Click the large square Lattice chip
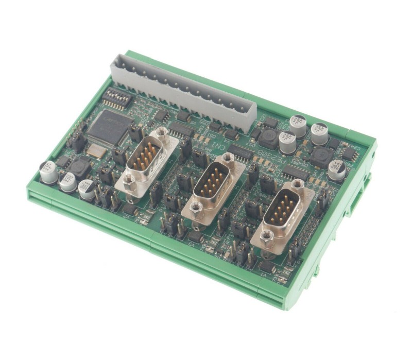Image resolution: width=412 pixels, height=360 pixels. coord(110,127)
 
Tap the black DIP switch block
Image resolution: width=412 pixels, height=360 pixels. coord(117,97)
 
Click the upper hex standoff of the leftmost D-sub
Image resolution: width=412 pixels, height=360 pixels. coord(161,133)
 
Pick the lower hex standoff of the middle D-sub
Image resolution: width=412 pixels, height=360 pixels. coord(196,207)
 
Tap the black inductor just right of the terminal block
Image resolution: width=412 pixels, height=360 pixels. coord(267,138)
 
